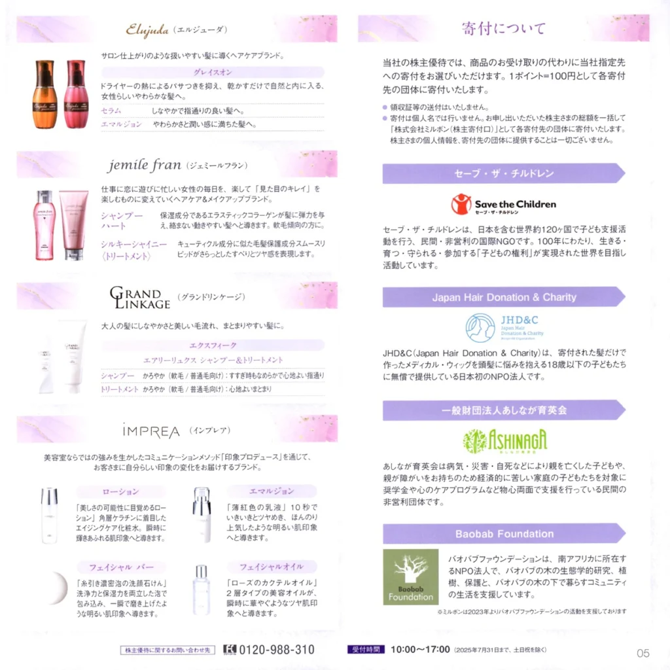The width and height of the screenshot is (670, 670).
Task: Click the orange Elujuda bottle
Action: (x=45, y=94)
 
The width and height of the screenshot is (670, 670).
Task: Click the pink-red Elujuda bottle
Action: (x=77, y=94)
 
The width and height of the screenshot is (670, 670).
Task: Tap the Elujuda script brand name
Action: (x=147, y=29)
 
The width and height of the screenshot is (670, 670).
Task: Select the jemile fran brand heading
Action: (x=145, y=165)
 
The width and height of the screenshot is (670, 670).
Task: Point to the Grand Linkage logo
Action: (x=140, y=297)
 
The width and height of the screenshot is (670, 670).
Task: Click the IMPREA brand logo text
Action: (x=151, y=431)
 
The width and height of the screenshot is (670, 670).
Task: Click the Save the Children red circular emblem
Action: (x=461, y=204)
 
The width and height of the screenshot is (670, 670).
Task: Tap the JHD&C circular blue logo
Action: (x=480, y=328)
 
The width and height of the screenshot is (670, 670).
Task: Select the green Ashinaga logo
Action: (x=504, y=440)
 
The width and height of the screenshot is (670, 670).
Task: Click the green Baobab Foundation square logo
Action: (x=411, y=576)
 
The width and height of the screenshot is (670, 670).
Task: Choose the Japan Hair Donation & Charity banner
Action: (x=504, y=297)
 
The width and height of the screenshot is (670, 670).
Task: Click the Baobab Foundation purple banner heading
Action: (x=504, y=534)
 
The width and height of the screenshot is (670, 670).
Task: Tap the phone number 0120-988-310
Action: (x=277, y=650)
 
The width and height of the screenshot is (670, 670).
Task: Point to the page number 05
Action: (x=643, y=653)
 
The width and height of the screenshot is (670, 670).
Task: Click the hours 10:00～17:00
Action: (x=420, y=650)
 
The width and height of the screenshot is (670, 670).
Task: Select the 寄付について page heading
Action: (x=504, y=29)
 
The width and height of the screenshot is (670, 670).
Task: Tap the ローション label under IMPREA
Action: (x=121, y=491)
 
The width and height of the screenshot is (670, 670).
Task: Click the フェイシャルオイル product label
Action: (x=272, y=567)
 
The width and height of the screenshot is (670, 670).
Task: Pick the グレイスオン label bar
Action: (x=213, y=72)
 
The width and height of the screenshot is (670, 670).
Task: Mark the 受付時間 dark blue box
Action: (x=366, y=650)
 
